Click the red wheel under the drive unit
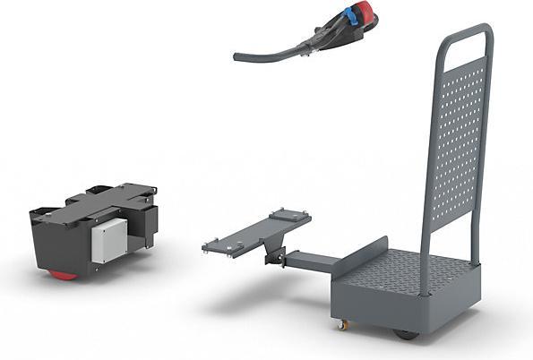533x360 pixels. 63,275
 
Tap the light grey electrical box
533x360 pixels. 108,239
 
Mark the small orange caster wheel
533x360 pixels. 340,324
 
